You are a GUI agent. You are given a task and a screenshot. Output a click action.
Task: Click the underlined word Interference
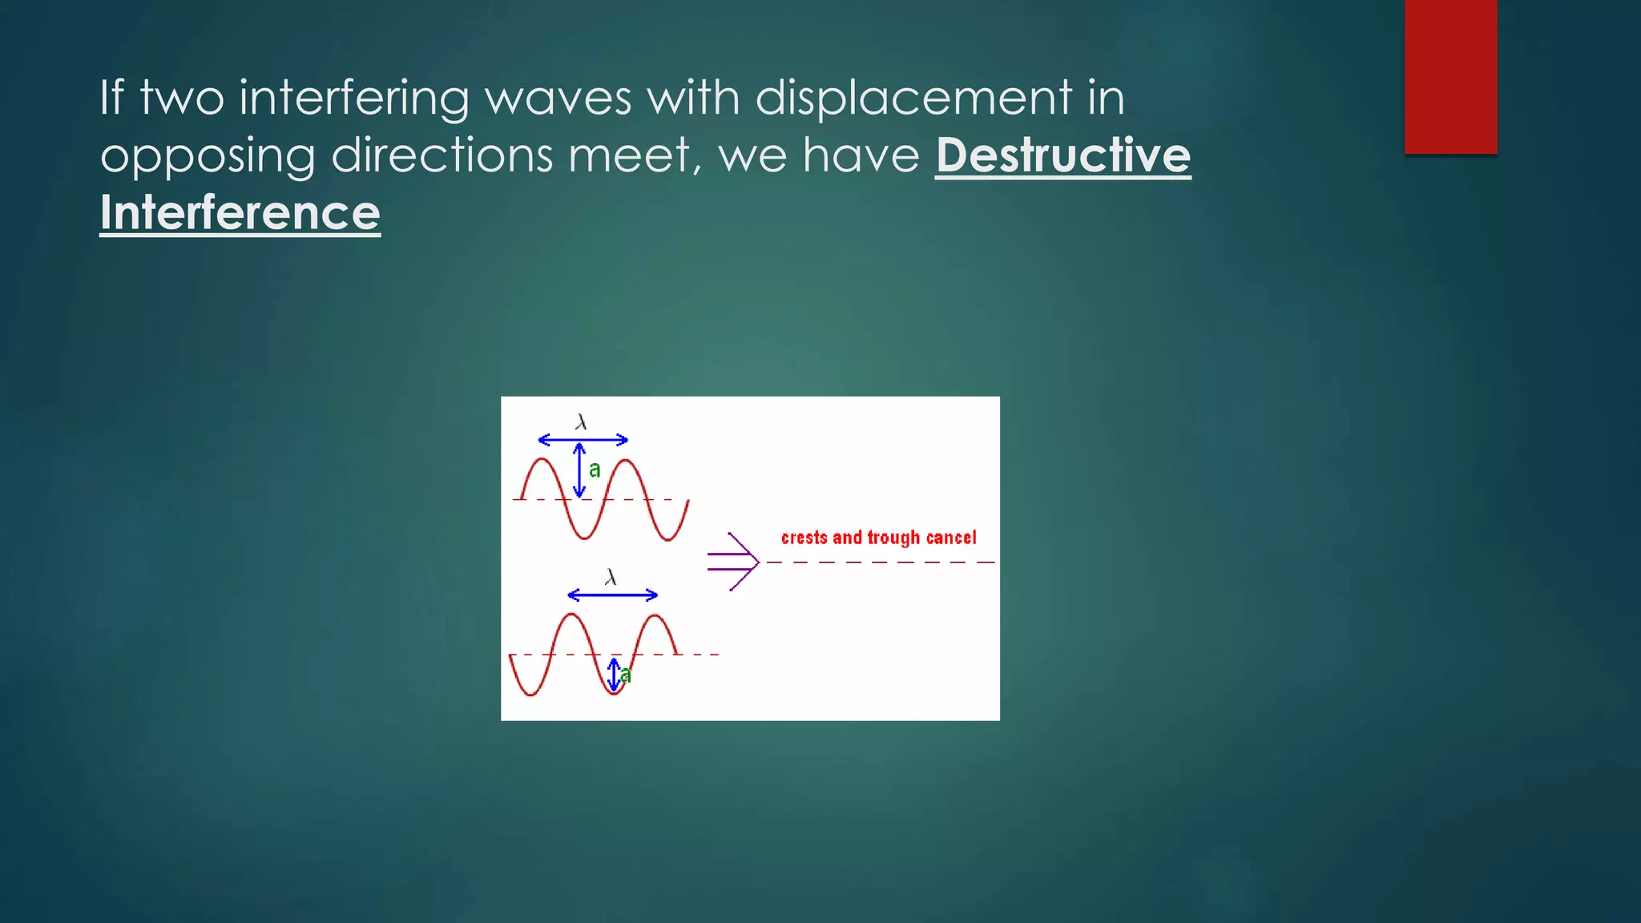pyautogui.click(x=240, y=213)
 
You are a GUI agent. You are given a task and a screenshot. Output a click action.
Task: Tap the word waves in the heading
pyautogui.click(x=558, y=98)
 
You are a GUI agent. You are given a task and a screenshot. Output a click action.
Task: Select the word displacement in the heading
pyautogui.click(x=913, y=98)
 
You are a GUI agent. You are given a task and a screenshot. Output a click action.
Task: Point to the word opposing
pyautogui.click(x=208, y=156)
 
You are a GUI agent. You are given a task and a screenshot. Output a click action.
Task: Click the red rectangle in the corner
pyautogui.click(x=1450, y=76)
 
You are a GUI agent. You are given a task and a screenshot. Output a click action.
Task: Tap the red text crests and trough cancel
pyautogui.click(x=878, y=537)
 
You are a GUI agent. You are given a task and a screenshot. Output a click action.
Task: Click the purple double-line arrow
pyautogui.click(x=732, y=561)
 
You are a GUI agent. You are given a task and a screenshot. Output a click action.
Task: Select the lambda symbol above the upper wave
pyautogui.click(x=581, y=421)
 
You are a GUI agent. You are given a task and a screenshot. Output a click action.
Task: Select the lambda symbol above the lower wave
pyautogui.click(x=611, y=577)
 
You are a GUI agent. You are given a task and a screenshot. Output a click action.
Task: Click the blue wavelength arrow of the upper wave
pyautogui.click(x=583, y=439)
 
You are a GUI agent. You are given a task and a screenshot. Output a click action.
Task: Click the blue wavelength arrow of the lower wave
pyautogui.click(x=612, y=595)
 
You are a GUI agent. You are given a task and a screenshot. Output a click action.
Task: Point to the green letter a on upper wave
pyautogui.click(x=595, y=470)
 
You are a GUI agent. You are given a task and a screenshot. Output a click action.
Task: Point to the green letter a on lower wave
pyautogui.click(x=626, y=675)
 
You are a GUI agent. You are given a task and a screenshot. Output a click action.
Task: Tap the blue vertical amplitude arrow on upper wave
pyautogui.click(x=579, y=470)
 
